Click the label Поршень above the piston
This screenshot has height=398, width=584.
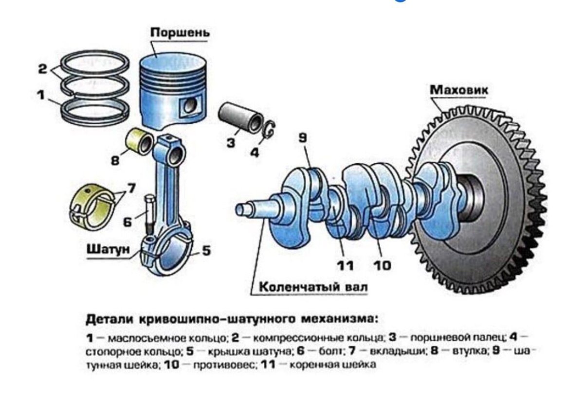point(180,33)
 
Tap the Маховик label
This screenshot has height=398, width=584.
point(459,89)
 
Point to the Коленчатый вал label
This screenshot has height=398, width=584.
point(313,287)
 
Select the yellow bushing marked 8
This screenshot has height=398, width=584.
point(139,142)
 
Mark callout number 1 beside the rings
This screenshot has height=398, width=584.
point(41,95)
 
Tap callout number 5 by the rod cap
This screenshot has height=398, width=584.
point(206,250)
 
